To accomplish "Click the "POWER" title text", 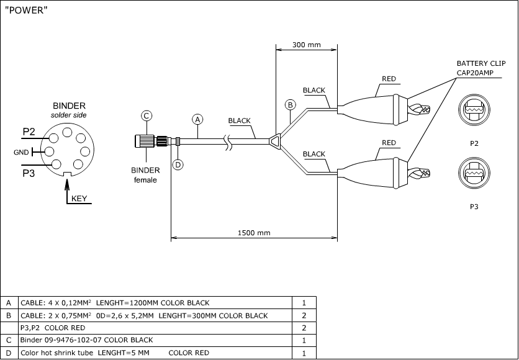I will pyautogui.click(x=25, y=12).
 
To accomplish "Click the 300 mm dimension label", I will pyautogui.click(x=306, y=45).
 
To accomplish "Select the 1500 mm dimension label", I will pyautogui.click(x=255, y=233).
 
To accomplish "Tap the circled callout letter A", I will pyautogui.click(x=198, y=119).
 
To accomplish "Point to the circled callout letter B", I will pyautogui.click(x=289, y=104).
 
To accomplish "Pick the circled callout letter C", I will pyautogui.click(x=147, y=115).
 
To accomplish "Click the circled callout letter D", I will pyautogui.click(x=178, y=164).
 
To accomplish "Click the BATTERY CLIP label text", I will pyautogui.click(x=481, y=63).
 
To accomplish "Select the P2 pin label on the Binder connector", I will pyautogui.click(x=29, y=132).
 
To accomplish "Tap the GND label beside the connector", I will pyautogui.click(x=20, y=152).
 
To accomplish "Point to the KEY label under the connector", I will pyautogui.click(x=79, y=199).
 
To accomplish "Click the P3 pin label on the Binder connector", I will pyautogui.click(x=29, y=173).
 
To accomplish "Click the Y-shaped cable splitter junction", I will pyautogui.click(x=274, y=142).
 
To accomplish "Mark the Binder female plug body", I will pyautogui.click(x=146, y=142).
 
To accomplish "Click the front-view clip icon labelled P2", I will pyautogui.click(x=474, y=110).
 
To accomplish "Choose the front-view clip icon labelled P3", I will pyautogui.click(x=474, y=173).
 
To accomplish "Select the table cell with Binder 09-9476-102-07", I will pyautogui.click(x=155, y=340).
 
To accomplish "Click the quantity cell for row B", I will pyautogui.click(x=304, y=315).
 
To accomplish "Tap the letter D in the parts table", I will pyautogui.click(x=9, y=353).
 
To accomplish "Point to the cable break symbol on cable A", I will pyautogui.click(x=228, y=142).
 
